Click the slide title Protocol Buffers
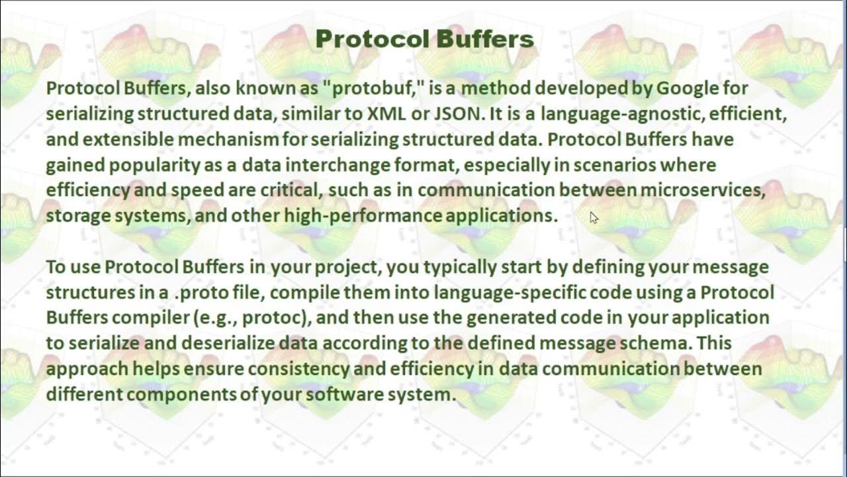(424, 39)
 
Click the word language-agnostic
(622, 114)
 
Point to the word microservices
(703, 190)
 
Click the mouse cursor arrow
(594, 217)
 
